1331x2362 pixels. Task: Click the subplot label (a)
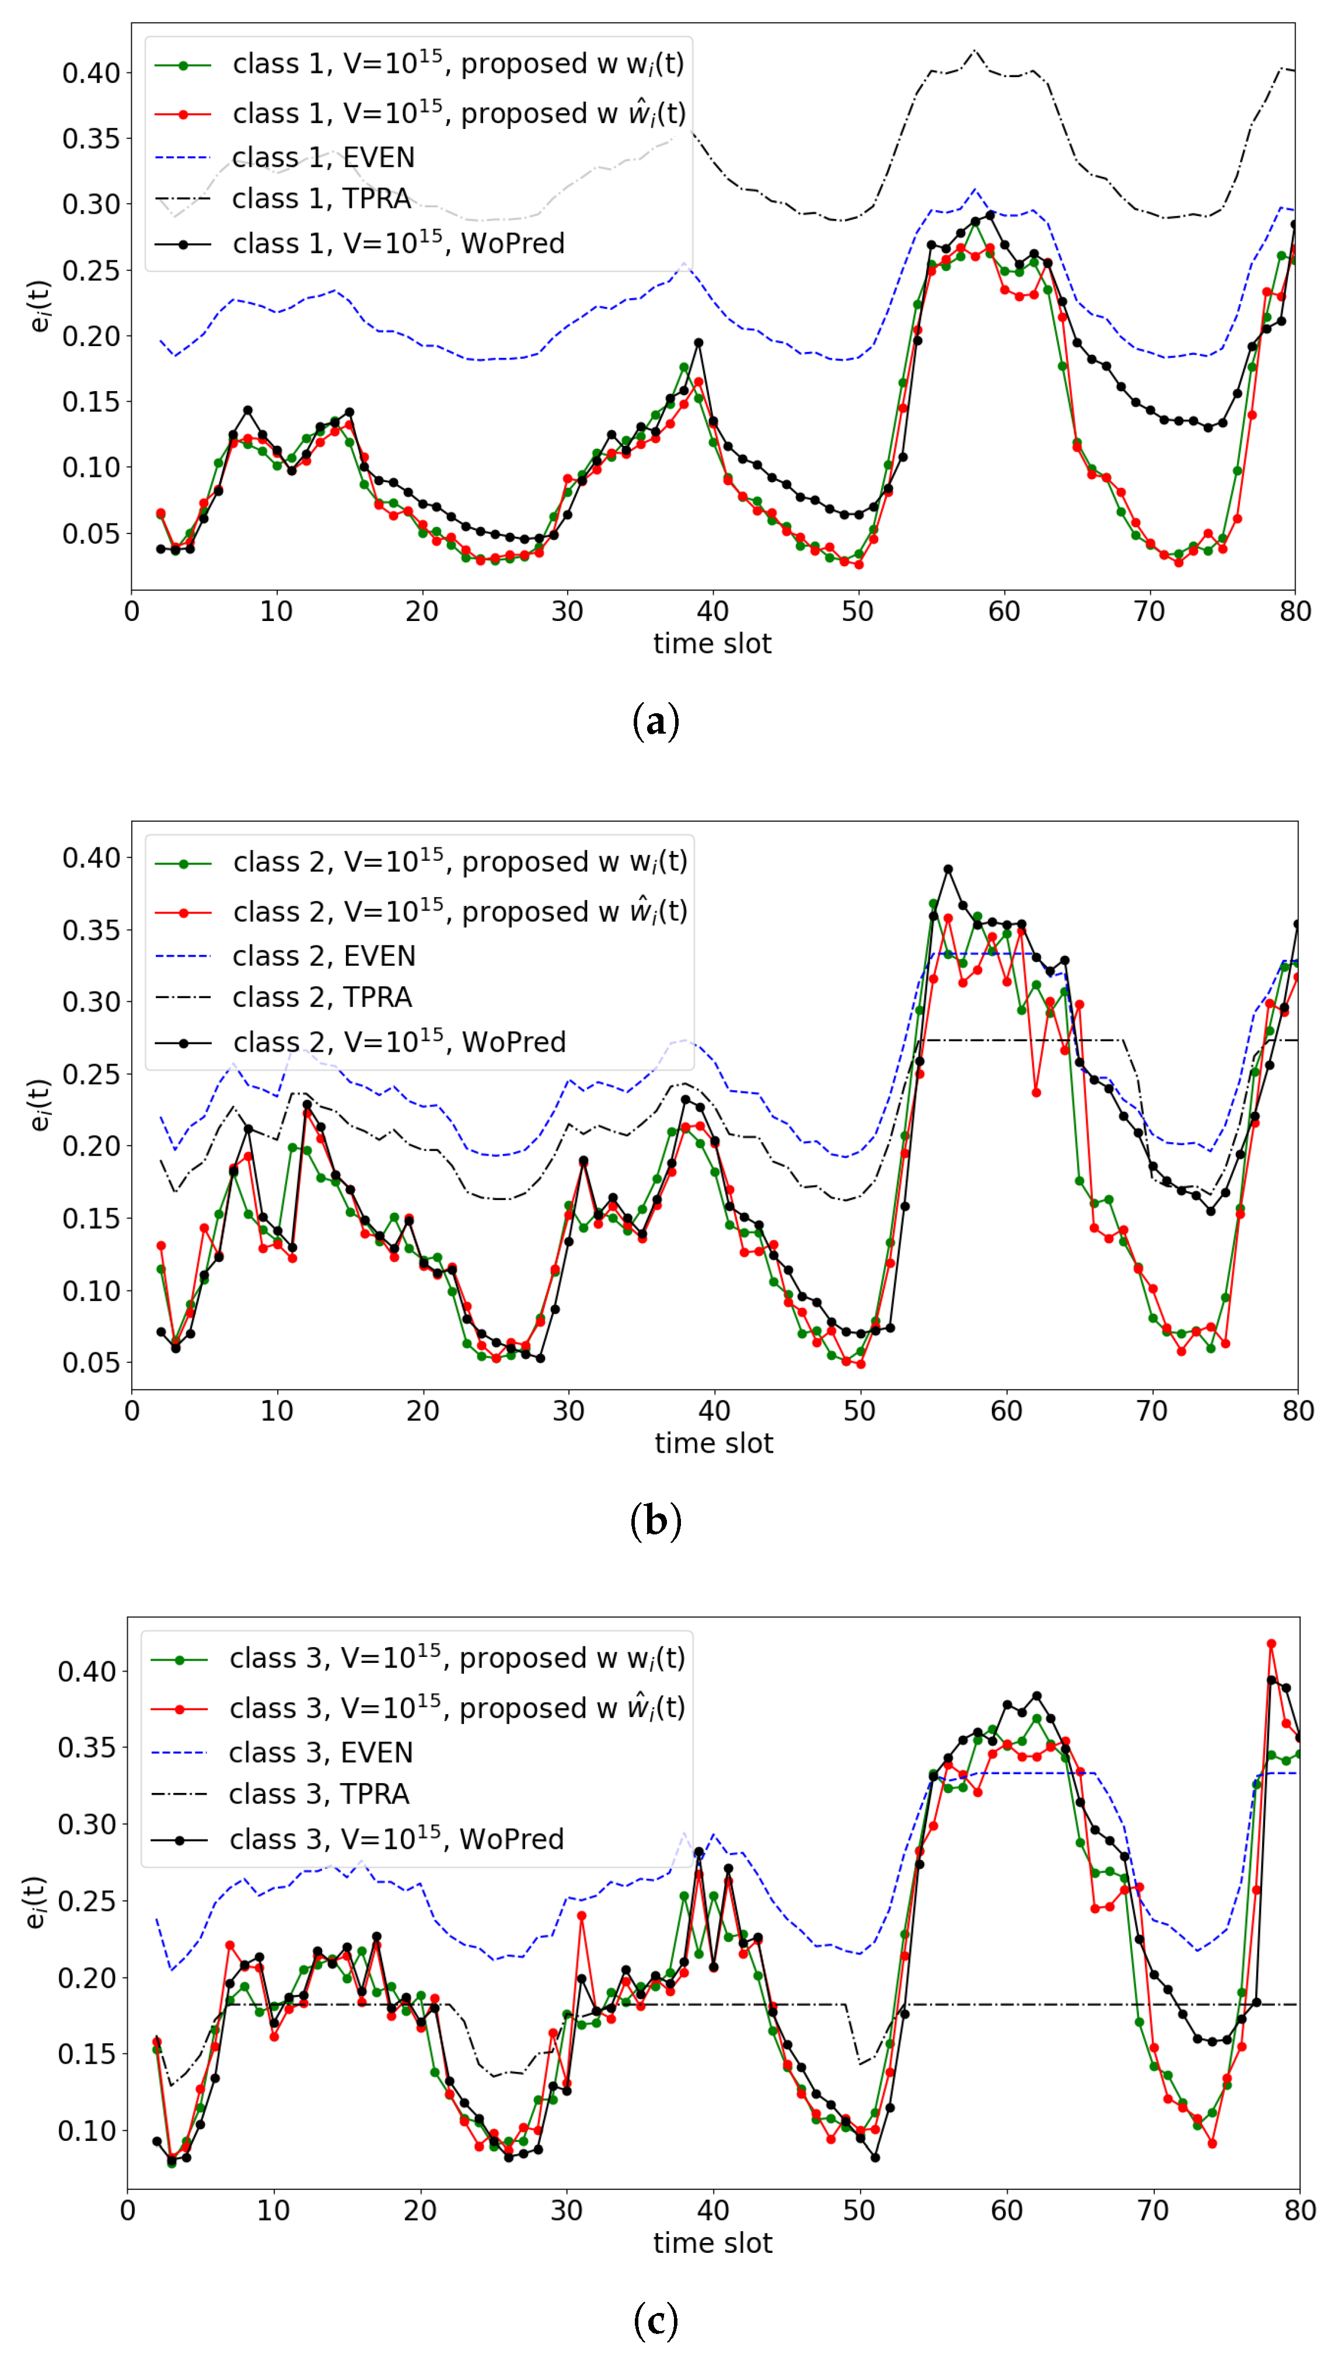coord(655,721)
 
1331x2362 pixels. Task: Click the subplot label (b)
coord(655,1520)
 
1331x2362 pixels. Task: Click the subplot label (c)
coord(655,2320)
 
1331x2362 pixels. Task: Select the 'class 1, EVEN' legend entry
coord(323,158)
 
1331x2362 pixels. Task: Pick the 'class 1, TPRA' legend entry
coord(321,199)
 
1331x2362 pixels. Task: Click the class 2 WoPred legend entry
coord(399,1042)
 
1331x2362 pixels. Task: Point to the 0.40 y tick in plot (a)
coord(91,74)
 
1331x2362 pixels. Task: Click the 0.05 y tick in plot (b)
coord(91,1363)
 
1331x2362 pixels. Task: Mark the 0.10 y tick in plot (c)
coord(87,2131)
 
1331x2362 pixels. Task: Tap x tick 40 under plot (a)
coord(712,612)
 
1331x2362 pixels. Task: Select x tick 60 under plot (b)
coord(1005,1411)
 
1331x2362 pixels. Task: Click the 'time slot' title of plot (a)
coord(712,644)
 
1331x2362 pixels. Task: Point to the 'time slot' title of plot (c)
coord(712,2243)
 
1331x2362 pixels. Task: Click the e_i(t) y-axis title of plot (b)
coord(39,1105)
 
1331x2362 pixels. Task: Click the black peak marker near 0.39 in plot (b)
coord(948,869)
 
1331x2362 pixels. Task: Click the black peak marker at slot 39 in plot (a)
coord(698,343)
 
